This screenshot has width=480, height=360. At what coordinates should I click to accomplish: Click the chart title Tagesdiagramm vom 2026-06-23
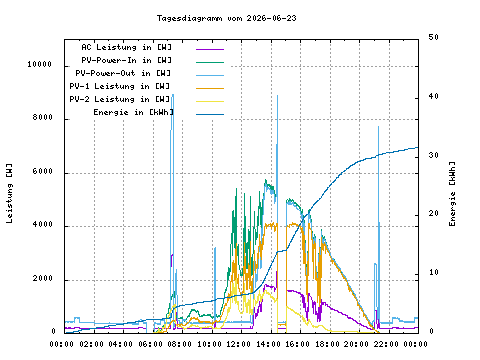[x=227, y=18]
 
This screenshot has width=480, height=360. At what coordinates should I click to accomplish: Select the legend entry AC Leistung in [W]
[x=126, y=47]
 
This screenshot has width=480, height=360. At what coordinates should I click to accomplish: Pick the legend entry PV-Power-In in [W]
[x=126, y=60]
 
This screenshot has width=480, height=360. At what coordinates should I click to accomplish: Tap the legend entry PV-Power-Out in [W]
[x=123, y=73]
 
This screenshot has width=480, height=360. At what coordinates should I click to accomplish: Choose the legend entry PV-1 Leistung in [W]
[x=120, y=86]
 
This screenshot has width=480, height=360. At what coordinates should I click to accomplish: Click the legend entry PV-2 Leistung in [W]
[x=120, y=99]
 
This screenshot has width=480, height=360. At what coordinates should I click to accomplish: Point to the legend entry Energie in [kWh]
[x=133, y=112]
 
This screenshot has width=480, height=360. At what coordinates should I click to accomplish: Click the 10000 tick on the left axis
[x=40, y=64]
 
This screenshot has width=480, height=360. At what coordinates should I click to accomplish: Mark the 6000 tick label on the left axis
[x=43, y=171]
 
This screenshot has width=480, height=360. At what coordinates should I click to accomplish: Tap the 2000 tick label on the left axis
[x=43, y=278]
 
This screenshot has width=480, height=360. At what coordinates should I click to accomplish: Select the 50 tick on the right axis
[x=433, y=37]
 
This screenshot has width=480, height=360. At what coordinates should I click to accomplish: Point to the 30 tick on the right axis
[x=433, y=155]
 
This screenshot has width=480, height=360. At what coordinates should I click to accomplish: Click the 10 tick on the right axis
[x=433, y=272]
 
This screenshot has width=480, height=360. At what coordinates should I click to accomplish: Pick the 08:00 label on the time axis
[x=180, y=344]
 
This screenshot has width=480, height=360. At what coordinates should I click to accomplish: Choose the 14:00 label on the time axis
[x=268, y=344]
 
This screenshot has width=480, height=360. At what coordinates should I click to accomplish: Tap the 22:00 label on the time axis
[x=386, y=344]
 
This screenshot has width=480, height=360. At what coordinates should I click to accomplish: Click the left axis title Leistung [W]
[x=9, y=193]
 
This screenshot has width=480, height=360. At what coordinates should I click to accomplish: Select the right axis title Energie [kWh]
[x=452, y=194]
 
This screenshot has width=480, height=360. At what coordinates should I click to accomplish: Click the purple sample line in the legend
[x=210, y=49]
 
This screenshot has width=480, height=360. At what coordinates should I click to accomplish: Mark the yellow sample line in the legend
[x=210, y=101]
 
